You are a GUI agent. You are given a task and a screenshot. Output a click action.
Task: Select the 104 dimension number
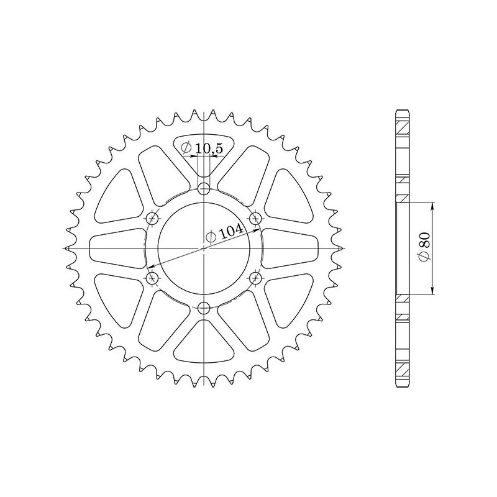(231, 232)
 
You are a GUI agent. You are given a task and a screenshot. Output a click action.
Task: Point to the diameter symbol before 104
(211, 237)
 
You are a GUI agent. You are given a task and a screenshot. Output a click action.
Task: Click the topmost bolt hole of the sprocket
(204, 189)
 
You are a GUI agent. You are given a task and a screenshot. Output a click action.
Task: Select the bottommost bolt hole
(204, 307)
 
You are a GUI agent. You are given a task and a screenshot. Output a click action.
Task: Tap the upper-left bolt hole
(153, 218)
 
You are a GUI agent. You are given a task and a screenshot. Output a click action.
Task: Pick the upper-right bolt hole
(255, 218)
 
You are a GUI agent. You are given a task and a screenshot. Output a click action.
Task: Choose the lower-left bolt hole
(153, 277)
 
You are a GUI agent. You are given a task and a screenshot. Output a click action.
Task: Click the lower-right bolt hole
(255, 277)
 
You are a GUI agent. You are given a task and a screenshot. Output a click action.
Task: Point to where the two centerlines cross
(204, 248)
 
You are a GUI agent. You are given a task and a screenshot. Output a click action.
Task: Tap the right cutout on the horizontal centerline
(292, 248)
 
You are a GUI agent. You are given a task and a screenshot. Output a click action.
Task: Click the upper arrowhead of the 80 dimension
(433, 206)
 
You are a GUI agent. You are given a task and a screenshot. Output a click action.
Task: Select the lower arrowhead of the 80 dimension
(433, 290)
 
